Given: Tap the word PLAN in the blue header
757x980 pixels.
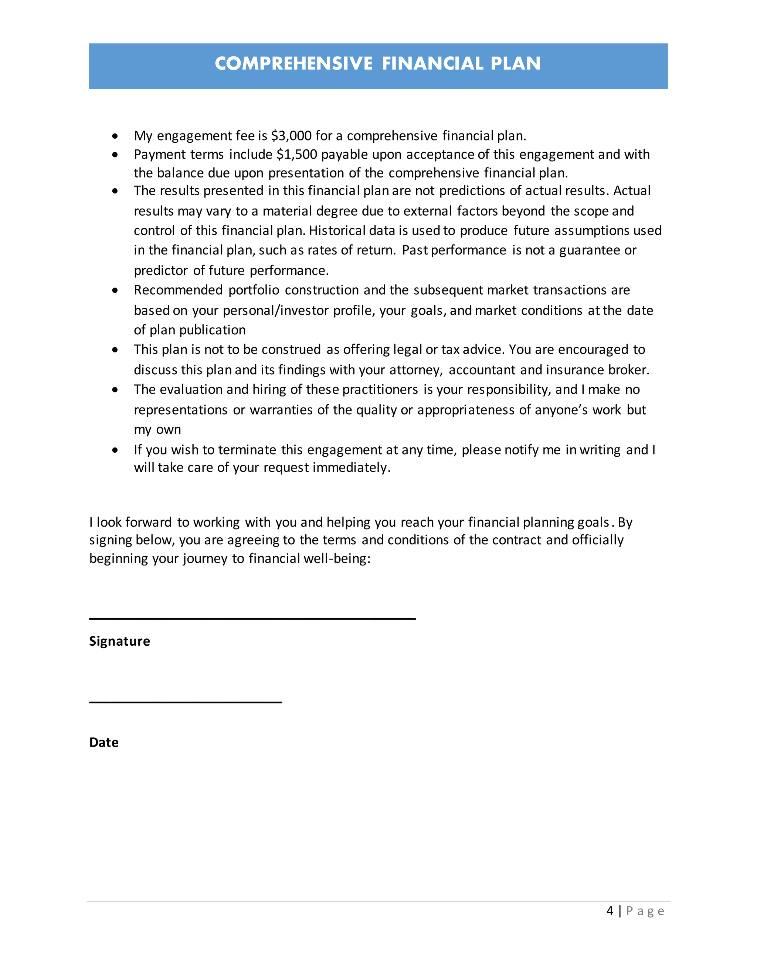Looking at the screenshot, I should [515, 64].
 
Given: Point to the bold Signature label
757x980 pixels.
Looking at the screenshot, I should [119, 641].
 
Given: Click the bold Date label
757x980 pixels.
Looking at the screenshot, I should [103, 742].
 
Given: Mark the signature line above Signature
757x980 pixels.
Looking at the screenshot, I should [252, 618].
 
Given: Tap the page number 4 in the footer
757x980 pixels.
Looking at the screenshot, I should [610, 911].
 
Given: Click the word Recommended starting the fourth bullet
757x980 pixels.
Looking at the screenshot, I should [178, 290].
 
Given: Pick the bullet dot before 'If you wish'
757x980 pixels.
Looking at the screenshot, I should [115, 450].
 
